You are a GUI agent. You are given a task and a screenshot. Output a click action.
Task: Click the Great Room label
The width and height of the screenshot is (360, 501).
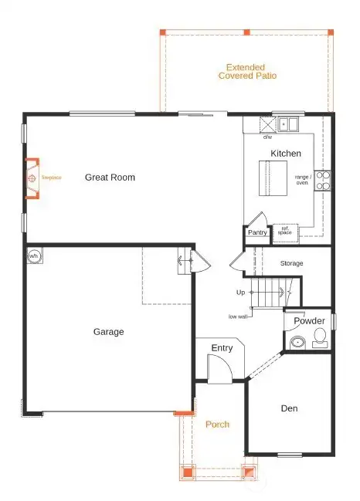pos(110,178)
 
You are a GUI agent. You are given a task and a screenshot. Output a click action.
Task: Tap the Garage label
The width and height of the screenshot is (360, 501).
pos(108,332)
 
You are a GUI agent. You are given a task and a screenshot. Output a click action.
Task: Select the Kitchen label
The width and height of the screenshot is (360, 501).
pos(285,154)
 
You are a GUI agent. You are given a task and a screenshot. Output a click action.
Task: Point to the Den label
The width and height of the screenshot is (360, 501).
pos(289,408)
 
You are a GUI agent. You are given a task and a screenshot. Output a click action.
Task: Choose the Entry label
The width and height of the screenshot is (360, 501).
pos(222,348)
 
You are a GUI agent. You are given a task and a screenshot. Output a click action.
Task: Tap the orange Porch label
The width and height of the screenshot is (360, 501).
pos(217,425)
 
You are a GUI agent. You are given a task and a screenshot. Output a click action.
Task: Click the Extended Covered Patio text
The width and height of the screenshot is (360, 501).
pos(247,72)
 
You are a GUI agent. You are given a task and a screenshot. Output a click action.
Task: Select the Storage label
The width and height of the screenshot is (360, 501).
pos(291,263)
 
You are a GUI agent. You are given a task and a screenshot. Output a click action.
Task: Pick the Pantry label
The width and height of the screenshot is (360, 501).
pos(256,232)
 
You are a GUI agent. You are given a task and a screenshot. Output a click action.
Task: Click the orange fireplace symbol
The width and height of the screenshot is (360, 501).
pos(32,178)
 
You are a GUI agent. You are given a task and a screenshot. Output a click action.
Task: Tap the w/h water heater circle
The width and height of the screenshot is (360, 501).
pos(34,256)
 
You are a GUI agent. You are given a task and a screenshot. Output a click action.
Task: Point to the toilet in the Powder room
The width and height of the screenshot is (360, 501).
pos(320,337)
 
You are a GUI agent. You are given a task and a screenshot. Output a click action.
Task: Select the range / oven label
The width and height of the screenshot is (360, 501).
pos(302,179)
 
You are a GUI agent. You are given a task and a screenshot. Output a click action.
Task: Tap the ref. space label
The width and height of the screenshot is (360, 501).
pos(285,230)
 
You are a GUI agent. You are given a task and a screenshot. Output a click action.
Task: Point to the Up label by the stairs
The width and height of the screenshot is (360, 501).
pos(240,293)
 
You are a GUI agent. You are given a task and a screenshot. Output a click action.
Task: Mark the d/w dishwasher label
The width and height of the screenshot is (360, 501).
pos(267,137)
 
